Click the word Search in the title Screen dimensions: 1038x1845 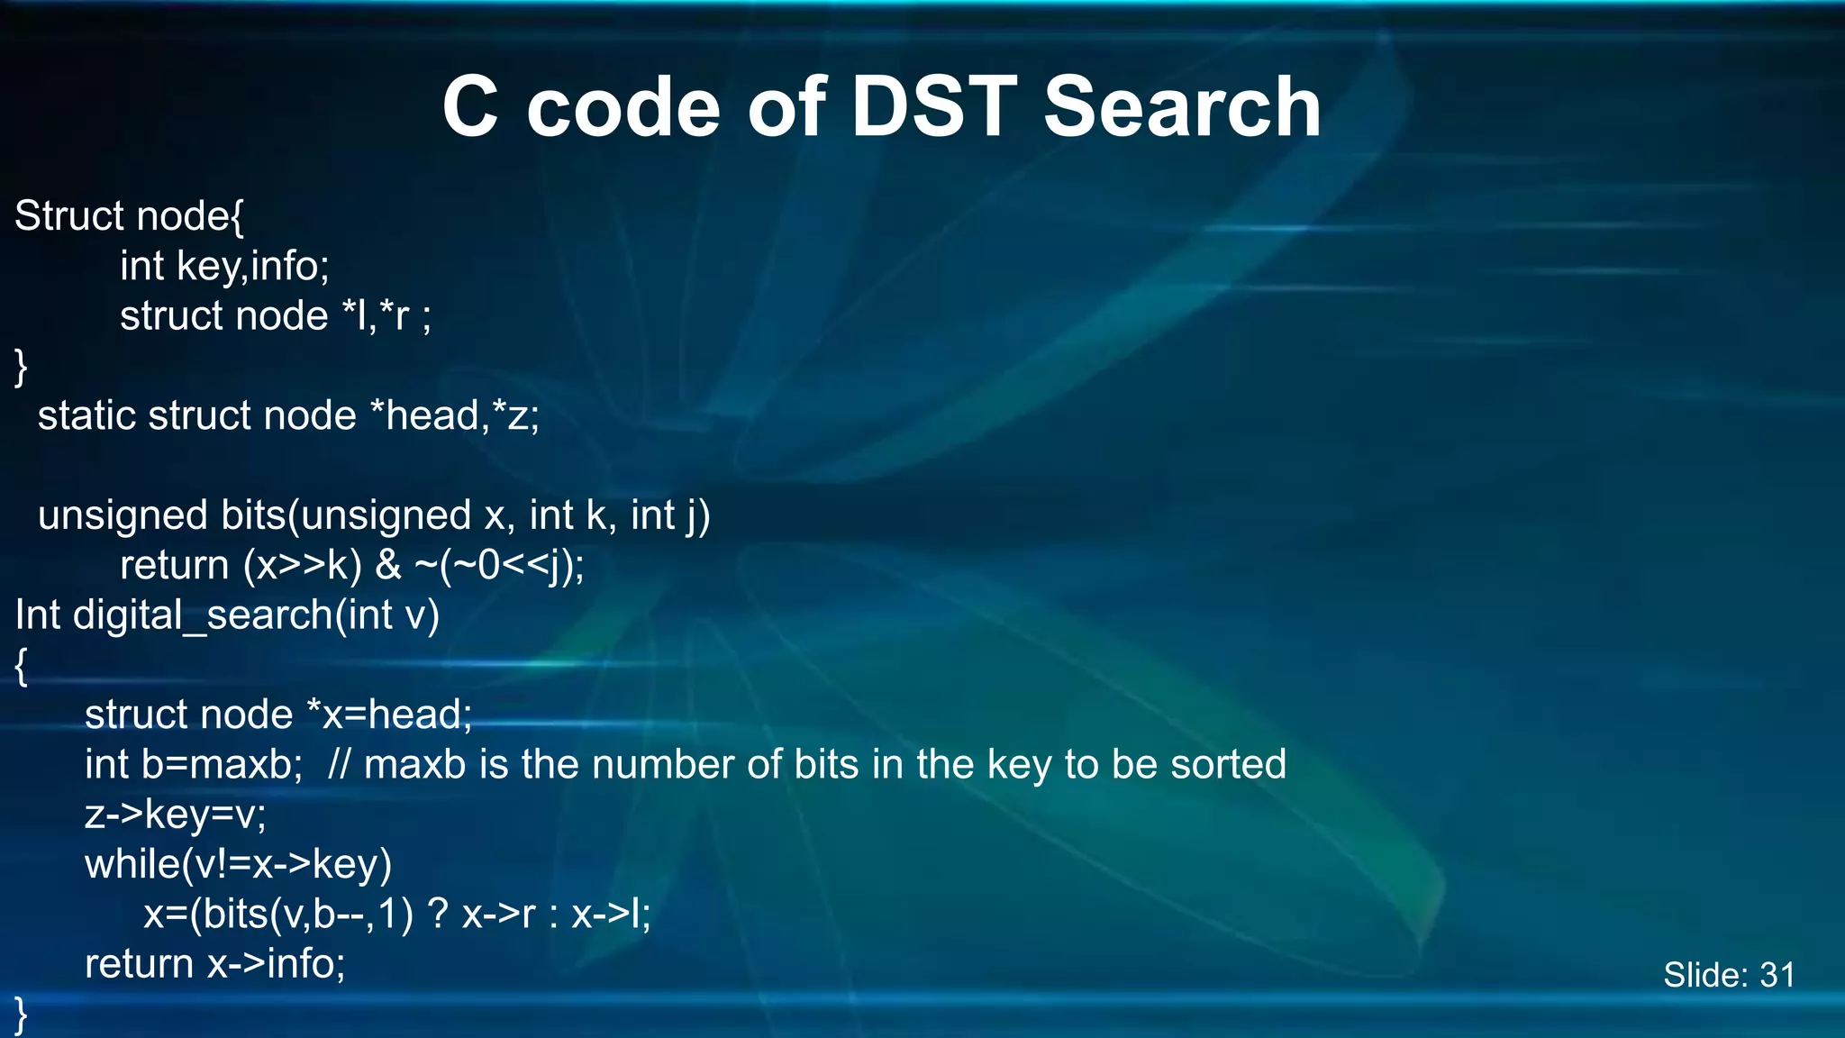click(1182, 107)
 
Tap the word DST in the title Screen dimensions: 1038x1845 click(933, 107)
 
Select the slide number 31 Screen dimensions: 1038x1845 click(1777, 975)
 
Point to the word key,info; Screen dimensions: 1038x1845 click(253, 267)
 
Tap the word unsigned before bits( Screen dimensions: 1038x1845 click(123, 516)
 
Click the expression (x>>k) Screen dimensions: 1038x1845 click(303, 566)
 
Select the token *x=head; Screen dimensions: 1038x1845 click(389, 715)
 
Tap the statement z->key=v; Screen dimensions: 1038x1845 click(176, 815)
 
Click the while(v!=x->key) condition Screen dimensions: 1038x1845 click(239, 865)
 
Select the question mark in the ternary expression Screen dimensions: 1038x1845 click(437, 915)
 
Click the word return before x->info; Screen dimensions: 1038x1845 click(140, 964)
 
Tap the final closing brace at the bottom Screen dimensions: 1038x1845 click(21, 1015)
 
